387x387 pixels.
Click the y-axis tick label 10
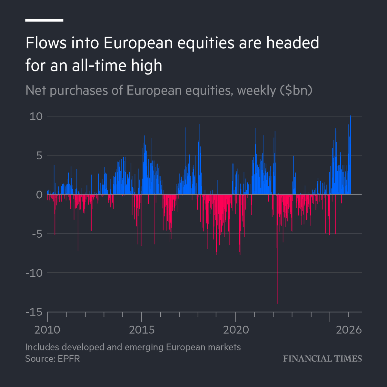(x=36, y=116)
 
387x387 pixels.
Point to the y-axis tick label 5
(x=39, y=156)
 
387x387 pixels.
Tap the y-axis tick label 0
(x=39, y=195)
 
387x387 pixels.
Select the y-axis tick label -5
(x=37, y=234)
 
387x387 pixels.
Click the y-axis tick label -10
(x=34, y=273)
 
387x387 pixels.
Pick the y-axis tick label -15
(x=34, y=312)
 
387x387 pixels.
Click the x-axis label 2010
(x=47, y=330)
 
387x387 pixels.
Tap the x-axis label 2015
(x=142, y=330)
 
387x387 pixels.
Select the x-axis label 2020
(x=236, y=330)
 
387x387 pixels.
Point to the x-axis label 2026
(x=349, y=330)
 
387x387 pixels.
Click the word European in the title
(x=139, y=43)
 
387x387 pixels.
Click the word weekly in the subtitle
(x=256, y=91)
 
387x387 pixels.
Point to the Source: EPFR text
(x=52, y=359)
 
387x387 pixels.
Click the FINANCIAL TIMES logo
(x=322, y=359)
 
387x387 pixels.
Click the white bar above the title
(x=44, y=20)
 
